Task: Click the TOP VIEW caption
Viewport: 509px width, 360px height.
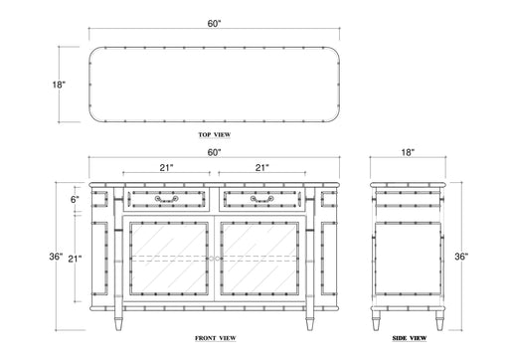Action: tap(215, 134)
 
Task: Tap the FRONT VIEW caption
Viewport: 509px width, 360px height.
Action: tap(216, 338)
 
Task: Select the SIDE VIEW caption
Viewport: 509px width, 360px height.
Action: tap(410, 338)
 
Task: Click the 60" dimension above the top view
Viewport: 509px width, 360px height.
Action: tap(214, 24)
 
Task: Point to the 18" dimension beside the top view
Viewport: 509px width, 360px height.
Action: tap(59, 85)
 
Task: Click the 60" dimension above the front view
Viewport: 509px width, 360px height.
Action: tap(214, 152)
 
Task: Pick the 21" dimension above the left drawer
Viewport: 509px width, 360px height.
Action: tap(167, 168)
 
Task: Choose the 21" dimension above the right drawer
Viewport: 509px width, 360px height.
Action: tap(261, 168)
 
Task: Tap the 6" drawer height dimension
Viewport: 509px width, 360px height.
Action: tap(75, 200)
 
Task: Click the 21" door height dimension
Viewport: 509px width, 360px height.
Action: tap(75, 259)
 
